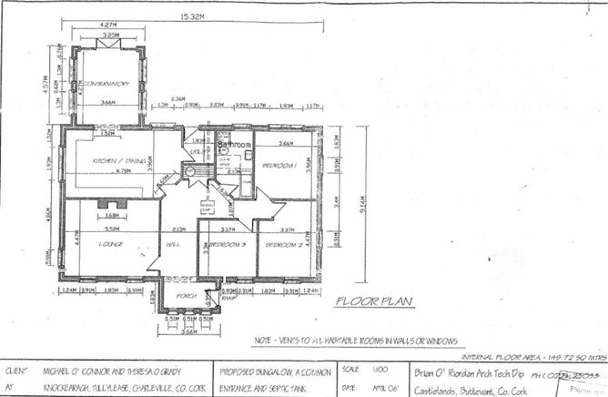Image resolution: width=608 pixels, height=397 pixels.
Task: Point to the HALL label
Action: (170, 244)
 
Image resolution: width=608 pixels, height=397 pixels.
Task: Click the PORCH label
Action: (186, 296)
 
